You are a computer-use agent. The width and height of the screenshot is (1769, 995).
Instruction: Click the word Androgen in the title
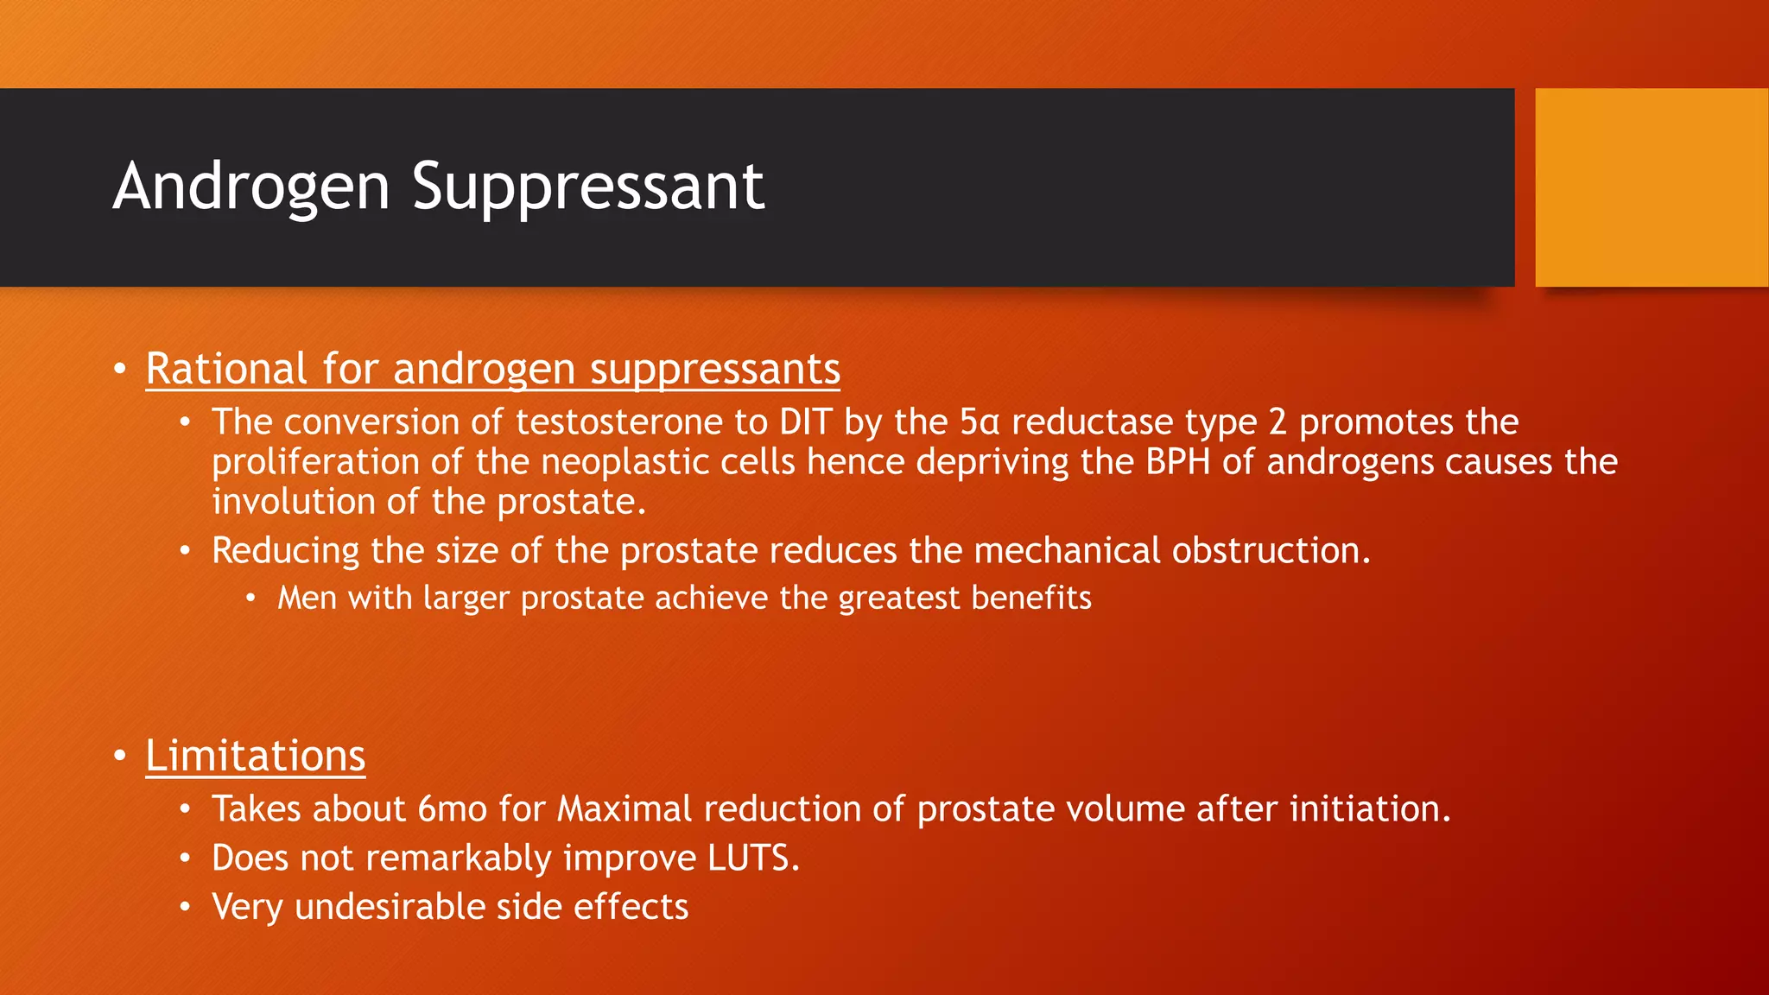click(251, 187)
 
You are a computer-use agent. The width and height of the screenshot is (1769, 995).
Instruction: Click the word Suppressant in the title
click(587, 187)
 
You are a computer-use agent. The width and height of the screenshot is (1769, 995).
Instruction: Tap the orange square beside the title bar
click(1652, 187)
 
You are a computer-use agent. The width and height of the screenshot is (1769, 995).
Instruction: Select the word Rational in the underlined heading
click(226, 370)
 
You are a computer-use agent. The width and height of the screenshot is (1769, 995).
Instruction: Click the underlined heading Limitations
click(256, 757)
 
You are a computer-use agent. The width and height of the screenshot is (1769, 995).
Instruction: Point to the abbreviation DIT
click(805, 422)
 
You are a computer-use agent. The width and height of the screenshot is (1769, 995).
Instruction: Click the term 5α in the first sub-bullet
click(980, 422)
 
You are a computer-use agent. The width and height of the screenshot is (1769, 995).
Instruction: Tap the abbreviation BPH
click(1178, 462)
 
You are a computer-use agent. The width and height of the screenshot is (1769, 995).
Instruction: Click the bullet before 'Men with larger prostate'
click(250, 599)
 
